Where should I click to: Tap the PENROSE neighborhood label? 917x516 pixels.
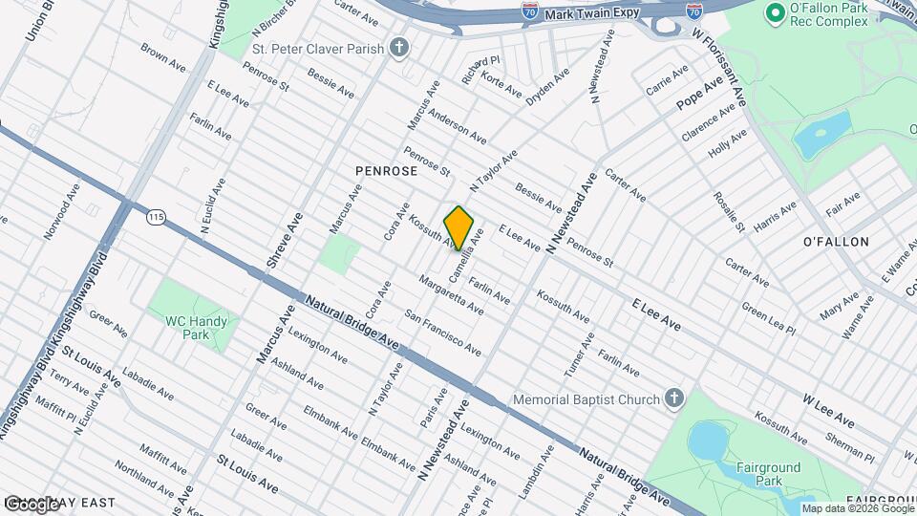point(386,171)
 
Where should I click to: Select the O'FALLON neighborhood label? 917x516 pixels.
point(835,242)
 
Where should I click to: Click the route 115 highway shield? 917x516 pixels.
point(156,219)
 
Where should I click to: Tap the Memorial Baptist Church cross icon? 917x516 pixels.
point(674,398)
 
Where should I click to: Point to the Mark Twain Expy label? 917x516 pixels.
point(592,15)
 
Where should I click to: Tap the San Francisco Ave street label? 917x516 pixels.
point(442,333)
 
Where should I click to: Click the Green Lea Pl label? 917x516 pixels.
point(769,318)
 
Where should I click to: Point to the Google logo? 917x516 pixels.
point(32,504)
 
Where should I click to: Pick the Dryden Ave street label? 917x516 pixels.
point(548,86)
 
